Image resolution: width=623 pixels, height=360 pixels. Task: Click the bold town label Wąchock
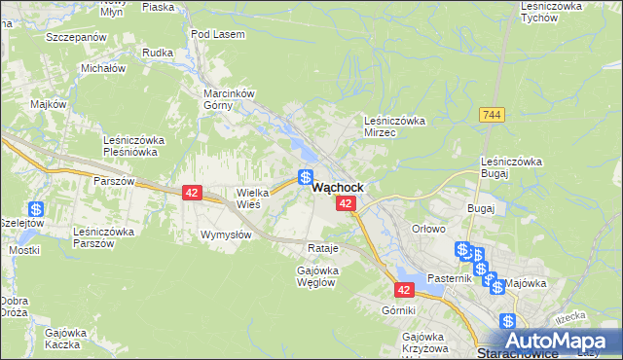[x=338, y=187]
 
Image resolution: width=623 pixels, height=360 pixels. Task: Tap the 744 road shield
[x=492, y=115]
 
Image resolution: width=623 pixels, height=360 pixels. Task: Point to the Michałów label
[x=103, y=69]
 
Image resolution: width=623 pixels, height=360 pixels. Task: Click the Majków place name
[x=48, y=104]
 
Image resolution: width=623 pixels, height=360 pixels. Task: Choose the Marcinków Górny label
[x=228, y=99]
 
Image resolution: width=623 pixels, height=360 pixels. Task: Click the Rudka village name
[x=157, y=53]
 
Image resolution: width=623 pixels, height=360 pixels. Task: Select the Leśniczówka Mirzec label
[x=394, y=126]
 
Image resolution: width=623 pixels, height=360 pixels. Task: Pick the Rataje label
[x=322, y=248]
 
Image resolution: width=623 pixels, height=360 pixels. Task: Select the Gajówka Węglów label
[x=316, y=275]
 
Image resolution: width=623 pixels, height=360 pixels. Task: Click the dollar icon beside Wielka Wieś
[x=305, y=178]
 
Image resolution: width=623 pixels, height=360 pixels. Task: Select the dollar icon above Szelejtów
[x=36, y=209]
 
